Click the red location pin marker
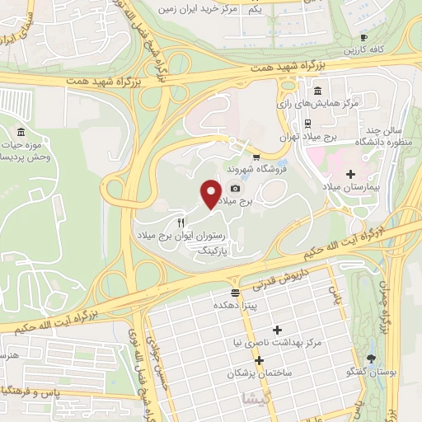(x=211, y=195)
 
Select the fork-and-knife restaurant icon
(x=181, y=223)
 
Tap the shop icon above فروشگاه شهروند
(x=256, y=157)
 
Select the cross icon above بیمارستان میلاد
(x=352, y=174)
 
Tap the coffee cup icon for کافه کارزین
(x=363, y=37)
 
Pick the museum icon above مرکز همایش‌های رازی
(x=317, y=91)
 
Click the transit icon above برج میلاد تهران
(x=307, y=124)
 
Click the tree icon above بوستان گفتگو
(x=372, y=358)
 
